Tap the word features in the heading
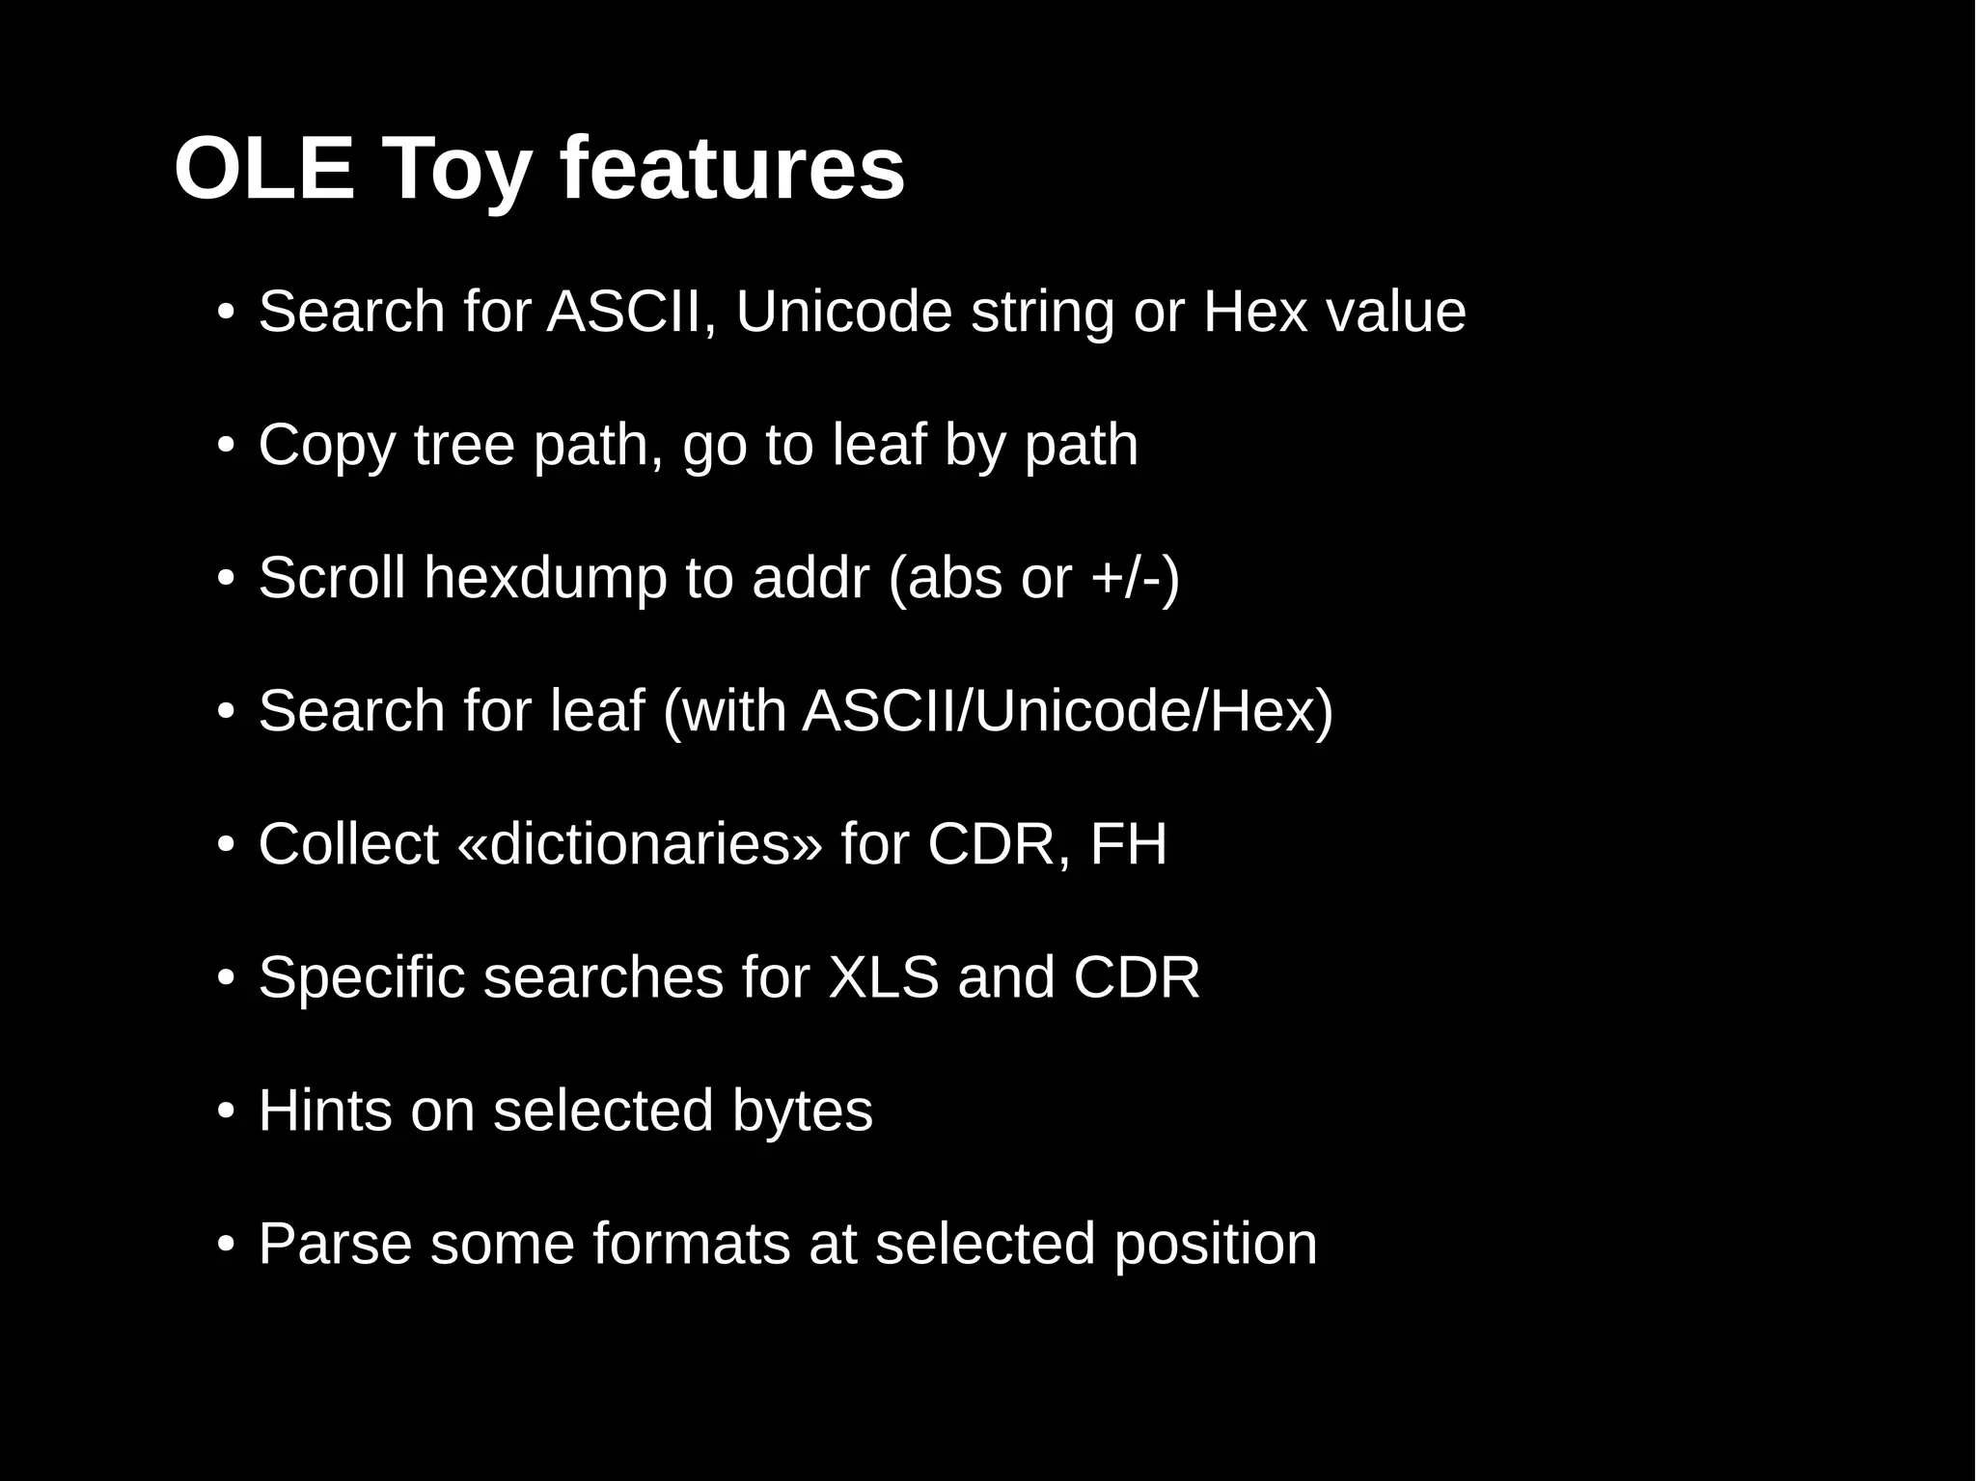tap(732, 170)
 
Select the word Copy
tap(327, 447)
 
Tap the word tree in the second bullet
tap(464, 445)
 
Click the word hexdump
tap(545, 578)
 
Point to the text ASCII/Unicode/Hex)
tap(1067, 711)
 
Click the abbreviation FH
tap(1128, 844)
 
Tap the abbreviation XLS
tap(884, 977)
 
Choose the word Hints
tap(325, 1111)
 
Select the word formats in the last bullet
tap(692, 1244)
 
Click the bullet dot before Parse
tap(226, 1244)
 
